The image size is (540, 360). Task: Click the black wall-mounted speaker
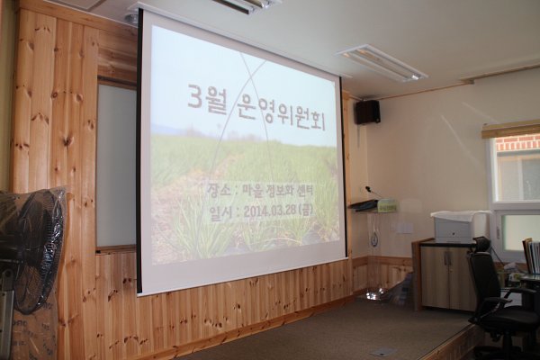tap(367, 112)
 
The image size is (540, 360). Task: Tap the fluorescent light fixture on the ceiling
tap(382, 62)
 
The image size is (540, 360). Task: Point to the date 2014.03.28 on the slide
tap(270, 211)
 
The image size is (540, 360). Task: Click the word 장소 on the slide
tap(218, 191)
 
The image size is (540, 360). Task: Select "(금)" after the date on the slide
tap(306, 209)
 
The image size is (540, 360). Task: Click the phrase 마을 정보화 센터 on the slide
tap(276, 190)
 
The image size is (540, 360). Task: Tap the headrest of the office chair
tap(481, 244)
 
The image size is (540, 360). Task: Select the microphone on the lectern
tap(373, 192)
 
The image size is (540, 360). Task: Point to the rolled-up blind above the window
tap(510, 130)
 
